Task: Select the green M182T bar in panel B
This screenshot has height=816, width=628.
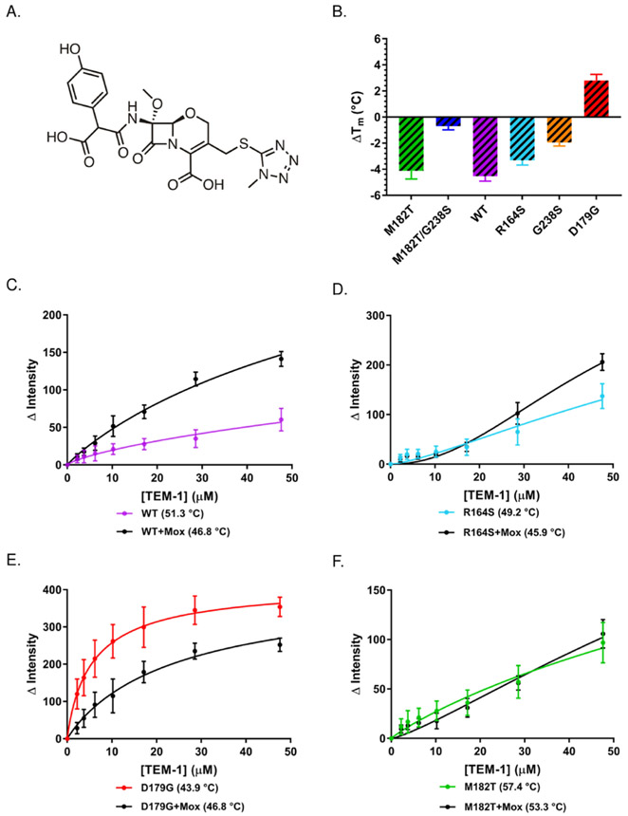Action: pyautogui.click(x=411, y=143)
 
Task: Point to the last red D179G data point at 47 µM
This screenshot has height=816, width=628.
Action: pyautogui.click(x=280, y=606)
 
